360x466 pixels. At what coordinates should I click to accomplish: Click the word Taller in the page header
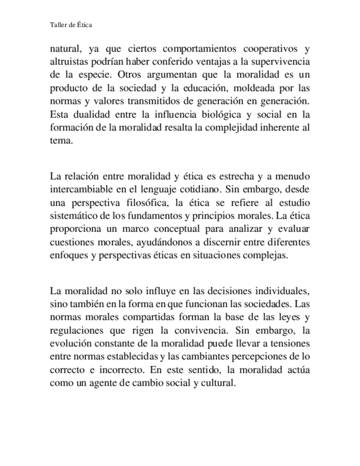click(58, 25)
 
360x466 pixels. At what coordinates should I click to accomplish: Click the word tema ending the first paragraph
click(60, 141)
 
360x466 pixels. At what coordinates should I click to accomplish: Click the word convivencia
click(201, 331)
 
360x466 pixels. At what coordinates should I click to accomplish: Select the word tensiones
click(291, 344)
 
